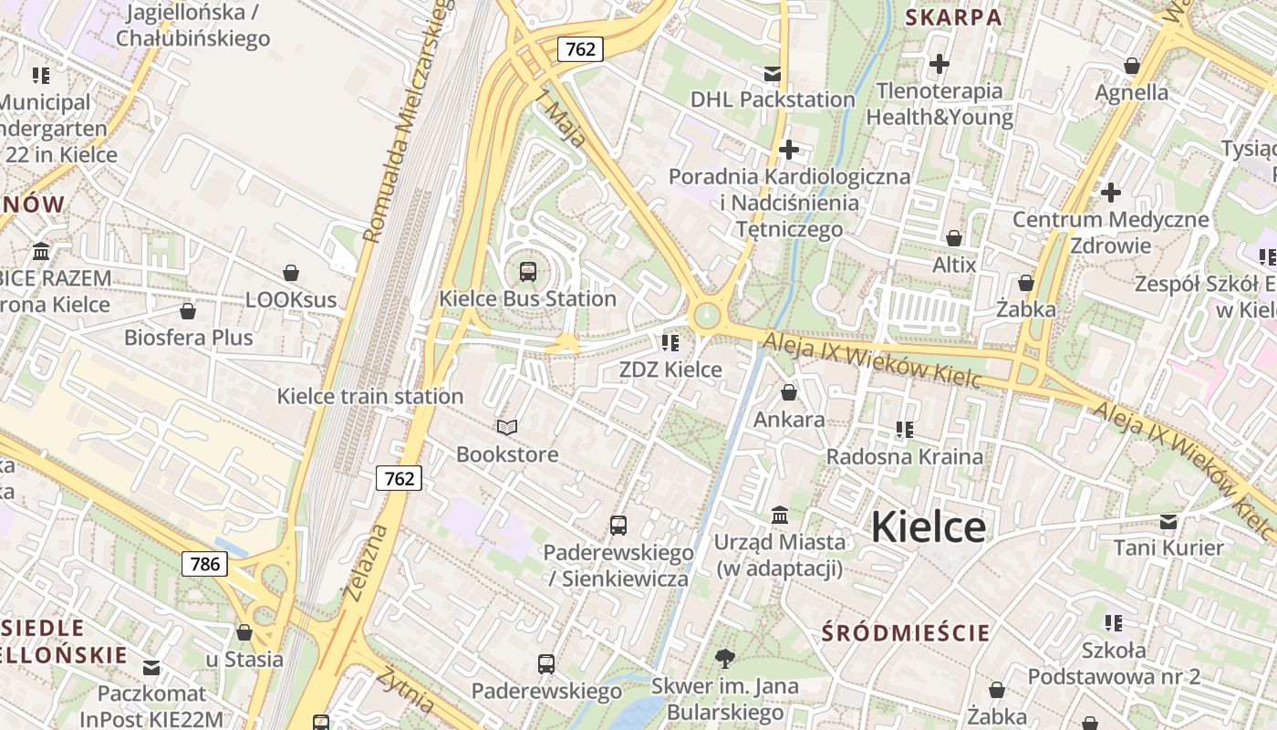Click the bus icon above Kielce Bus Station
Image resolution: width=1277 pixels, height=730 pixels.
[x=527, y=271]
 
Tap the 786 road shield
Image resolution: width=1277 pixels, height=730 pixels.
[x=204, y=564]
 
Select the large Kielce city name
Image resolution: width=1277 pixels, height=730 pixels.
[x=928, y=527]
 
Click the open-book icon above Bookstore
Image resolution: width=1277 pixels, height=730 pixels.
[x=507, y=427]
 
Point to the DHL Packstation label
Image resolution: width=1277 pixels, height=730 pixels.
[x=773, y=99]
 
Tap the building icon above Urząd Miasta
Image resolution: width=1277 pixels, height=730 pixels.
[x=780, y=516]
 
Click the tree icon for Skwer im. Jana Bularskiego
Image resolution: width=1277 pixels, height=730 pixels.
[x=726, y=658]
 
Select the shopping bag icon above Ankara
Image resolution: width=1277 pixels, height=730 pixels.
[x=789, y=392]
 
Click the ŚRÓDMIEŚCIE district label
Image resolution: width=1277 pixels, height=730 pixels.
[x=905, y=632]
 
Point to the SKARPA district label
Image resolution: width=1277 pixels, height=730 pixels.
[x=953, y=17]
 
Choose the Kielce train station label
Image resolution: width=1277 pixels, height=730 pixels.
[x=369, y=396]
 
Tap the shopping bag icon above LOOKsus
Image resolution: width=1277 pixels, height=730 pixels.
[x=291, y=273]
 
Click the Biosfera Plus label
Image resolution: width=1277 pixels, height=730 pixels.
[x=188, y=338]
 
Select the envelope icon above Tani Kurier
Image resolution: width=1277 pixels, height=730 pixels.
[x=1168, y=522]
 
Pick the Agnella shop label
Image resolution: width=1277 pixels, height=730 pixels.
[x=1131, y=92]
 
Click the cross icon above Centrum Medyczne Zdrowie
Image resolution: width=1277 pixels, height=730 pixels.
[x=1110, y=193]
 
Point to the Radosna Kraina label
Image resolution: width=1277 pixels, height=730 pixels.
[x=904, y=456]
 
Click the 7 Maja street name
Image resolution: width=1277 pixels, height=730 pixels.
[x=562, y=119]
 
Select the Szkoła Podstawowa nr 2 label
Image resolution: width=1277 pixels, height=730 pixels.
[x=1113, y=663]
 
